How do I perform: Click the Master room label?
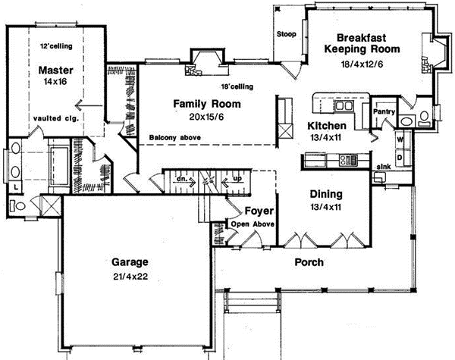(x=55, y=70)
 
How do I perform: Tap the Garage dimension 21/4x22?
(x=130, y=277)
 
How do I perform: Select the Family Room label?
(x=207, y=104)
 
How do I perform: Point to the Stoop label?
(x=287, y=34)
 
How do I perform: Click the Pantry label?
(x=384, y=111)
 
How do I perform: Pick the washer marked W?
(x=400, y=139)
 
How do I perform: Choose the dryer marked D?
(x=400, y=158)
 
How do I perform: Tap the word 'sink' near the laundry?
(x=384, y=167)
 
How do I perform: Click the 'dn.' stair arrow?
(x=186, y=182)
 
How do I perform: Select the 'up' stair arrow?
(x=231, y=182)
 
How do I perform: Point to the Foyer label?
(x=259, y=211)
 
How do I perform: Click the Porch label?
(x=309, y=262)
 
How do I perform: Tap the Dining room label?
(x=326, y=194)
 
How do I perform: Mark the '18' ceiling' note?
(x=237, y=86)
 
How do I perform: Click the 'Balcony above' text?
(x=174, y=137)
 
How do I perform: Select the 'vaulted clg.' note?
(x=56, y=118)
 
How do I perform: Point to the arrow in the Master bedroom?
(x=89, y=105)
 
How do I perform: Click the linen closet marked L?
(x=16, y=188)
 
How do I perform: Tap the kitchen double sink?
(x=344, y=106)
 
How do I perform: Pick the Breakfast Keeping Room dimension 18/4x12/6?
(x=362, y=64)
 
